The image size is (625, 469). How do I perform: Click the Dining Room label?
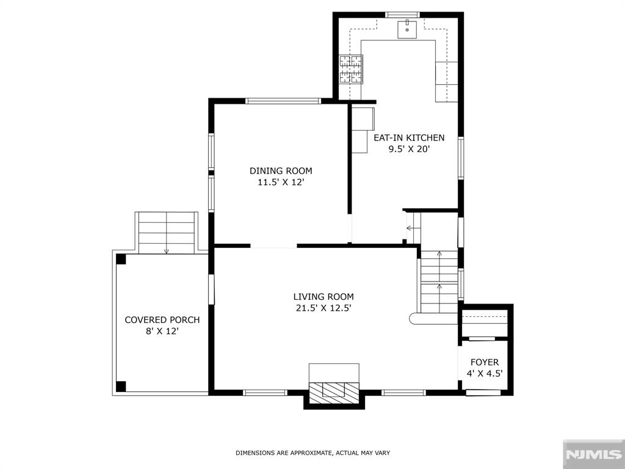pyautogui.click(x=281, y=171)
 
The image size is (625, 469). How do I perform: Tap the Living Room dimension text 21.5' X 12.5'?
pyautogui.click(x=323, y=308)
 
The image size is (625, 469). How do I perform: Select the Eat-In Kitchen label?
pyautogui.click(x=408, y=137)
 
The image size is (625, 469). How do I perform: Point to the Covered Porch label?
pyautogui.click(x=162, y=320)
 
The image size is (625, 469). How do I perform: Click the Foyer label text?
pyautogui.click(x=484, y=362)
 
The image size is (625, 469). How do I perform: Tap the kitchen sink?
pyautogui.click(x=407, y=29)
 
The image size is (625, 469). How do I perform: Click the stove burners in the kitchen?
pyautogui.click(x=351, y=70)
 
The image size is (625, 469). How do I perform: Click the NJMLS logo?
pyautogui.click(x=593, y=454)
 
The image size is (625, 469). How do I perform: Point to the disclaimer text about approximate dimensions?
pyautogui.click(x=312, y=453)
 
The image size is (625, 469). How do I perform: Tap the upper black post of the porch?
pyautogui.click(x=121, y=259)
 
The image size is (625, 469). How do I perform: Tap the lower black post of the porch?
pyautogui.click(x=121, y=387)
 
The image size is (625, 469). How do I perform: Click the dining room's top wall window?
pyautogui.click(x=283, y=101)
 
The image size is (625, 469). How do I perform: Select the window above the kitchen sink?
pyautogui.click(x=403, y=15)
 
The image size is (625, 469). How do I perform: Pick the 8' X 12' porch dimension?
pyautogui.click(x=162, y=331)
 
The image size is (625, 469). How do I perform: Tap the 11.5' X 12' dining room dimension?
pyautogui.click(x=281, y=182)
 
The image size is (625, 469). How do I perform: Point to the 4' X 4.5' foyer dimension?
pyautogui.click(x=484, y=374)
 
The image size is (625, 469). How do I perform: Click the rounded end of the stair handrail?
pyautogui.click(x=414, y=318)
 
